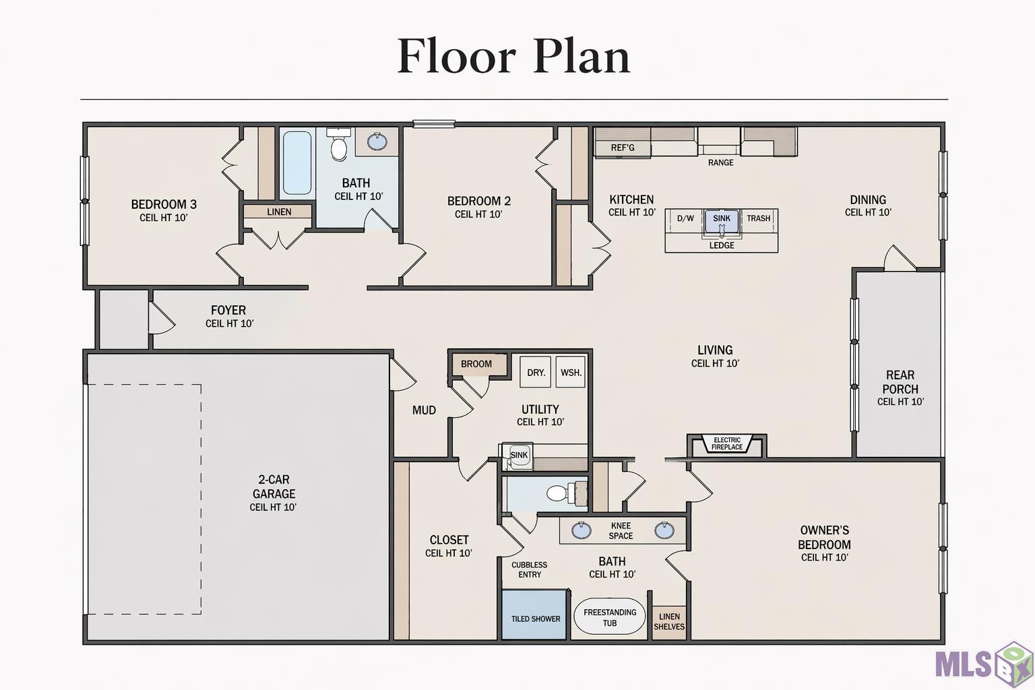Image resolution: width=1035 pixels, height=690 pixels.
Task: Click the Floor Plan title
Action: pyautogui.click(x=514, y=57)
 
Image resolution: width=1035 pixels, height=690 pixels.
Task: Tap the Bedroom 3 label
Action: pyautogui.click(x=164, y=204)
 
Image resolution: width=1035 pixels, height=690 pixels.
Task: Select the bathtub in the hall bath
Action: pyautogui.click(x=296, y=162)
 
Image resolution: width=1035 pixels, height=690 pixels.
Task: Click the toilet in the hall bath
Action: pyautogui.click(x=339, y=144)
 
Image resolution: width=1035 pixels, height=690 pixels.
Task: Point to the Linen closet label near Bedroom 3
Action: pyautogui.click(x=279, y=212)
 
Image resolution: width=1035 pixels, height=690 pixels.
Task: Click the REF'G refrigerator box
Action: pyautogui.click(x=623, y=148)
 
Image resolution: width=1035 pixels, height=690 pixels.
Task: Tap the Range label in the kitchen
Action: pyautogui.click(x=720, y=162)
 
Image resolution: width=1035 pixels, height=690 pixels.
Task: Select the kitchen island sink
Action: pyautogui.click(x=722, y=221)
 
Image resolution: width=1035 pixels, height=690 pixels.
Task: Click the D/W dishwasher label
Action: pyautogui.click(x=685, y=218)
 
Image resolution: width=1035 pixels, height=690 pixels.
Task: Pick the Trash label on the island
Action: pyautogui.click(x=758, y=218)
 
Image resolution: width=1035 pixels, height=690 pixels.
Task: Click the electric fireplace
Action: pyautogui.click(x=727, y=444)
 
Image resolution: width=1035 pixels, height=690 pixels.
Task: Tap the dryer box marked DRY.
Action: pyautogui.click(x=536, y=372)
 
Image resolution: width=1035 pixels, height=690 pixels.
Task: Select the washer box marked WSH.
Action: pyautogui.click(x=571, y=372)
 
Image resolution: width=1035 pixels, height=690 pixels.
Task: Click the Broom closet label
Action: pyautogui.click(x=476, y=364)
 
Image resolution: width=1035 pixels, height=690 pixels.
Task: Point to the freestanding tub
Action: pyautogui.click(x=609, y=618)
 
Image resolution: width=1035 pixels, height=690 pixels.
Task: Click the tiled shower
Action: pyautogui.click(x=534, y=615)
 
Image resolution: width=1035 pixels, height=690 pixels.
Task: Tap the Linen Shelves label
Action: pyautogui.click(x=669, y=621)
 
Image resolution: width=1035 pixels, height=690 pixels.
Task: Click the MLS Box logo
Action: pyautogui.click(x=984, y=664)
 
